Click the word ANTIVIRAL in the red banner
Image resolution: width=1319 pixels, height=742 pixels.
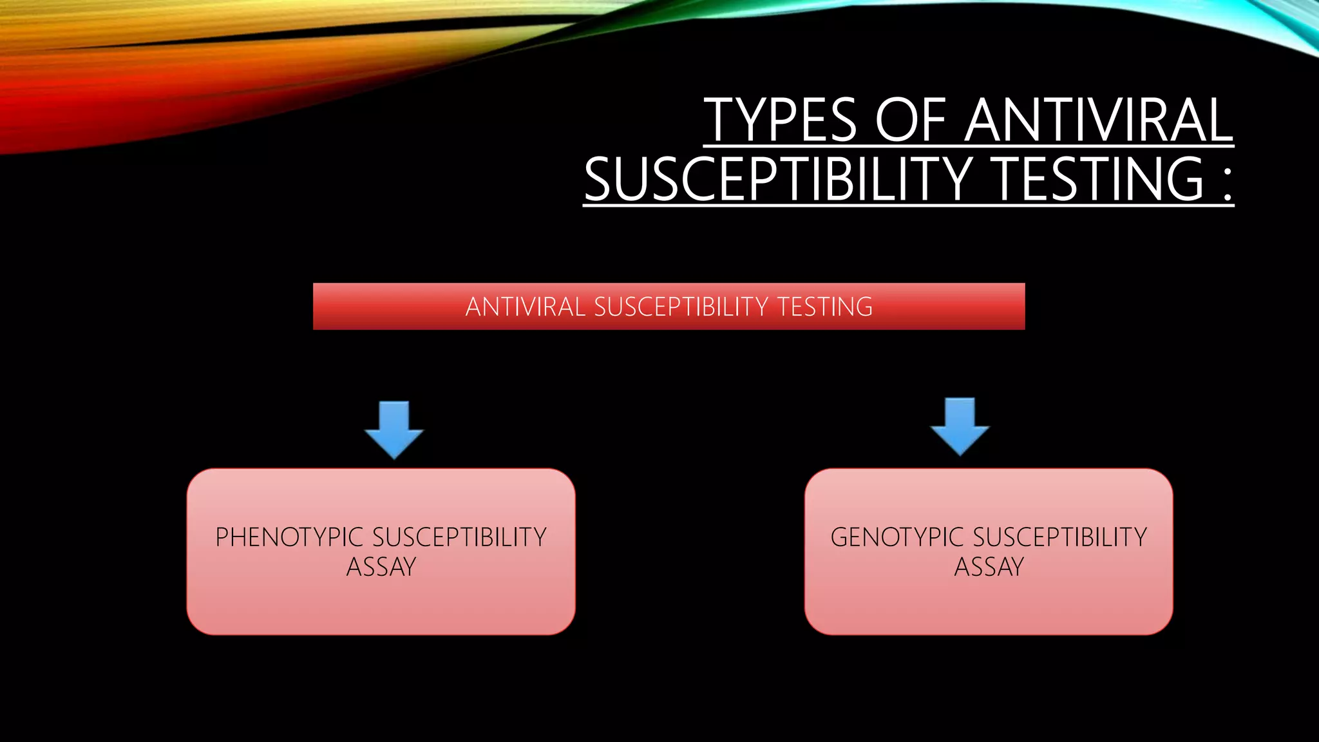point(525,307)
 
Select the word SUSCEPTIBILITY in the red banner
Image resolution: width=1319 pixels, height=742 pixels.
point(681,307)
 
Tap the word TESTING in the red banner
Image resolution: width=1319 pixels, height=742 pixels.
point(825,307)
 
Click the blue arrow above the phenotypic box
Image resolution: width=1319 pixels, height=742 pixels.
point(394,428)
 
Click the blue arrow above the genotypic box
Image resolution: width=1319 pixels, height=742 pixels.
point(960,426)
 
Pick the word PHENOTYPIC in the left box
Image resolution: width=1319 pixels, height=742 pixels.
point(290,537)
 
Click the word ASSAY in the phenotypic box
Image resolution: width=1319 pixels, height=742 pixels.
point(381,567)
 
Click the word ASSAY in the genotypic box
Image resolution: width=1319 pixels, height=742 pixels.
point(989,567)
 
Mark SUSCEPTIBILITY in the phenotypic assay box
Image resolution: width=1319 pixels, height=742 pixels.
point(459,537)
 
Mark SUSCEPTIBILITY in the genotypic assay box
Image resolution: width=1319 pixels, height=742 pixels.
point(1060,537)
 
